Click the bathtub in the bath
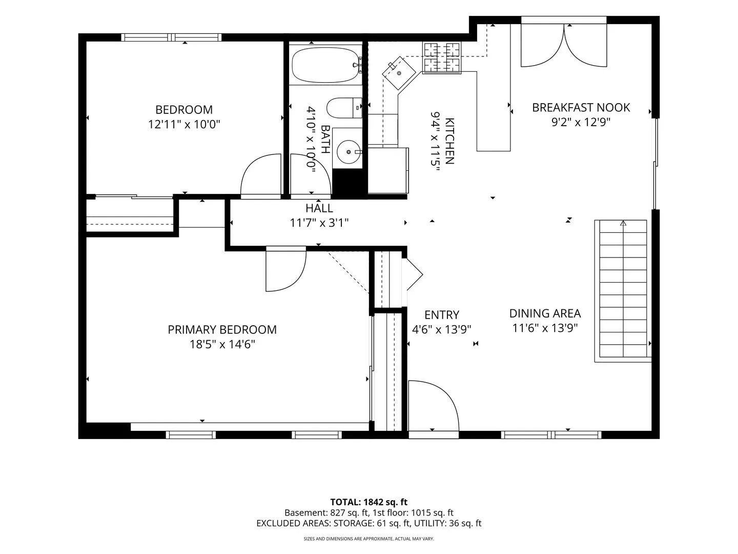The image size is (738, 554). pyautogui.click(x=326, y=65)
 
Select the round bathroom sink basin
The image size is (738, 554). pyautogui.click(x=348, y=152)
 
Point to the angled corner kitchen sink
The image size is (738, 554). pyautogui.click(x=399, y=73)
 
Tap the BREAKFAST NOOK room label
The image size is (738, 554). pyautogui.click(x=581, y=108)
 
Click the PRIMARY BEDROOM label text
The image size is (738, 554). pyautogui.click(x=222, y=330)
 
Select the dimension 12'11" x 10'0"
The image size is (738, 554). pyautogui.click(x=184, y=125)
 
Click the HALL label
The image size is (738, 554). pyautogui.click(x=319, y=208)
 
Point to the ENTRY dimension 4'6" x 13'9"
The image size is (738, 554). pyautogui.click(x=441, y=329)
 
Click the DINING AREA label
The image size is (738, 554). pyautogui.click(x=545, y=313)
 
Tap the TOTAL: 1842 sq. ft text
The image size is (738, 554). pyautogui.click(x=368, y=502)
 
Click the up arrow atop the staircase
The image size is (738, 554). pyautogui.click(x=623, y=223)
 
